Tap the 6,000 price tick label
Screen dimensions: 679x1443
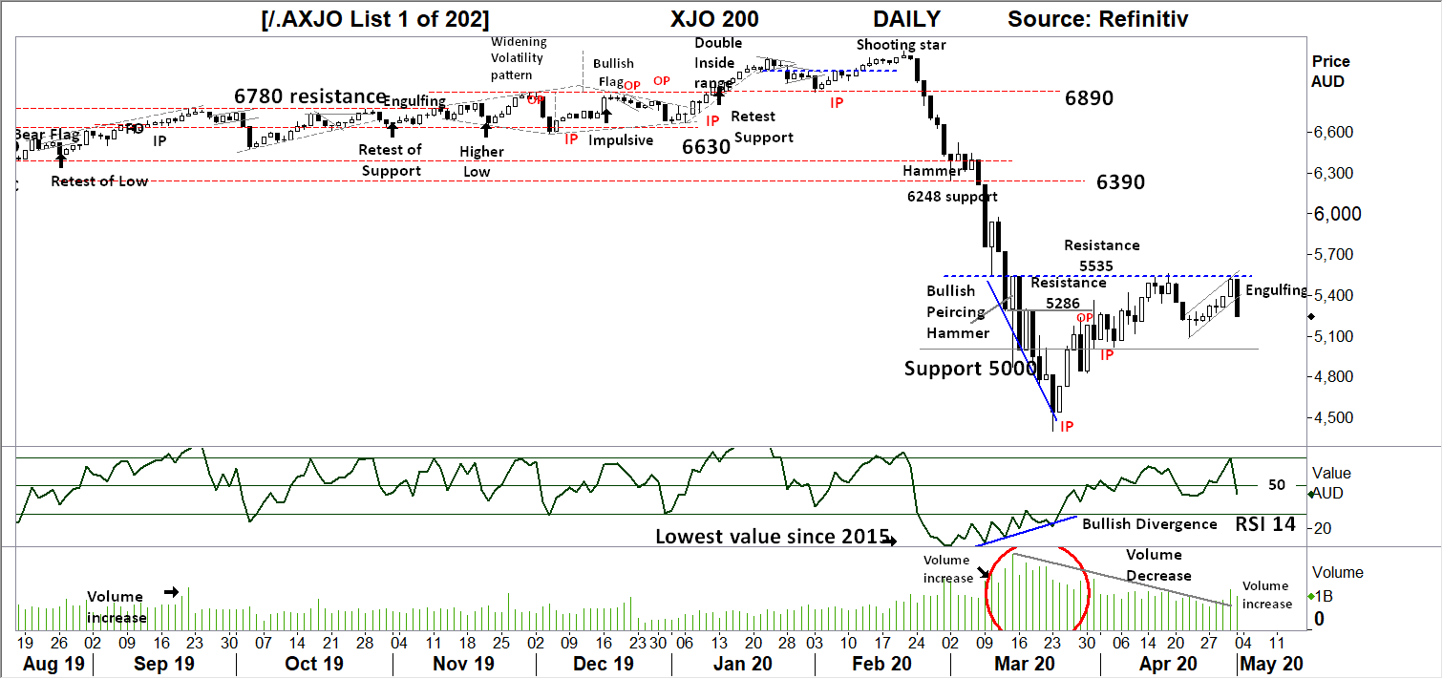[x=1333, y=214]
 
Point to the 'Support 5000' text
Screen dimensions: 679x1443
[x=969, y=368]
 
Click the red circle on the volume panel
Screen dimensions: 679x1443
[x=1037, y=590]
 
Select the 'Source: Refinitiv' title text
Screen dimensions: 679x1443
[x=1098, y=18]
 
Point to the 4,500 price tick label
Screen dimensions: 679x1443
[x=1333, y=417]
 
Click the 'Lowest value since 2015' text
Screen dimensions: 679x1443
[x=772, y=537]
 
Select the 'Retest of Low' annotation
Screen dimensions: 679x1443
[x=99, y=180]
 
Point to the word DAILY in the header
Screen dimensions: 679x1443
[x=906, y=18]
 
